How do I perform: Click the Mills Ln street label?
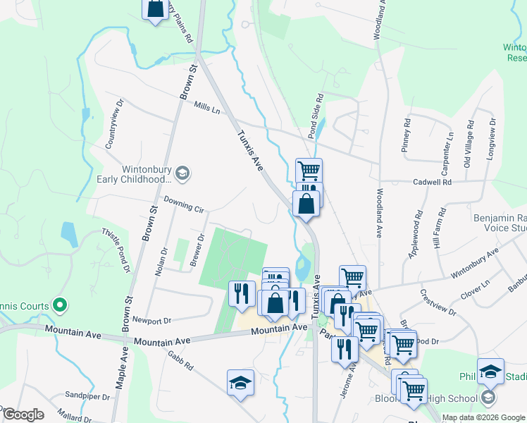206,108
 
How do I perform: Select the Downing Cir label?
183,206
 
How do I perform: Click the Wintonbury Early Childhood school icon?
182,173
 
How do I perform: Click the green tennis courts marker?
60,305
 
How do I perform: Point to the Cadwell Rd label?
432,182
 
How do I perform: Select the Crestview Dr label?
435,303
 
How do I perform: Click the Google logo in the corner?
23,415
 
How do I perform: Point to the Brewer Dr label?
197,251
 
